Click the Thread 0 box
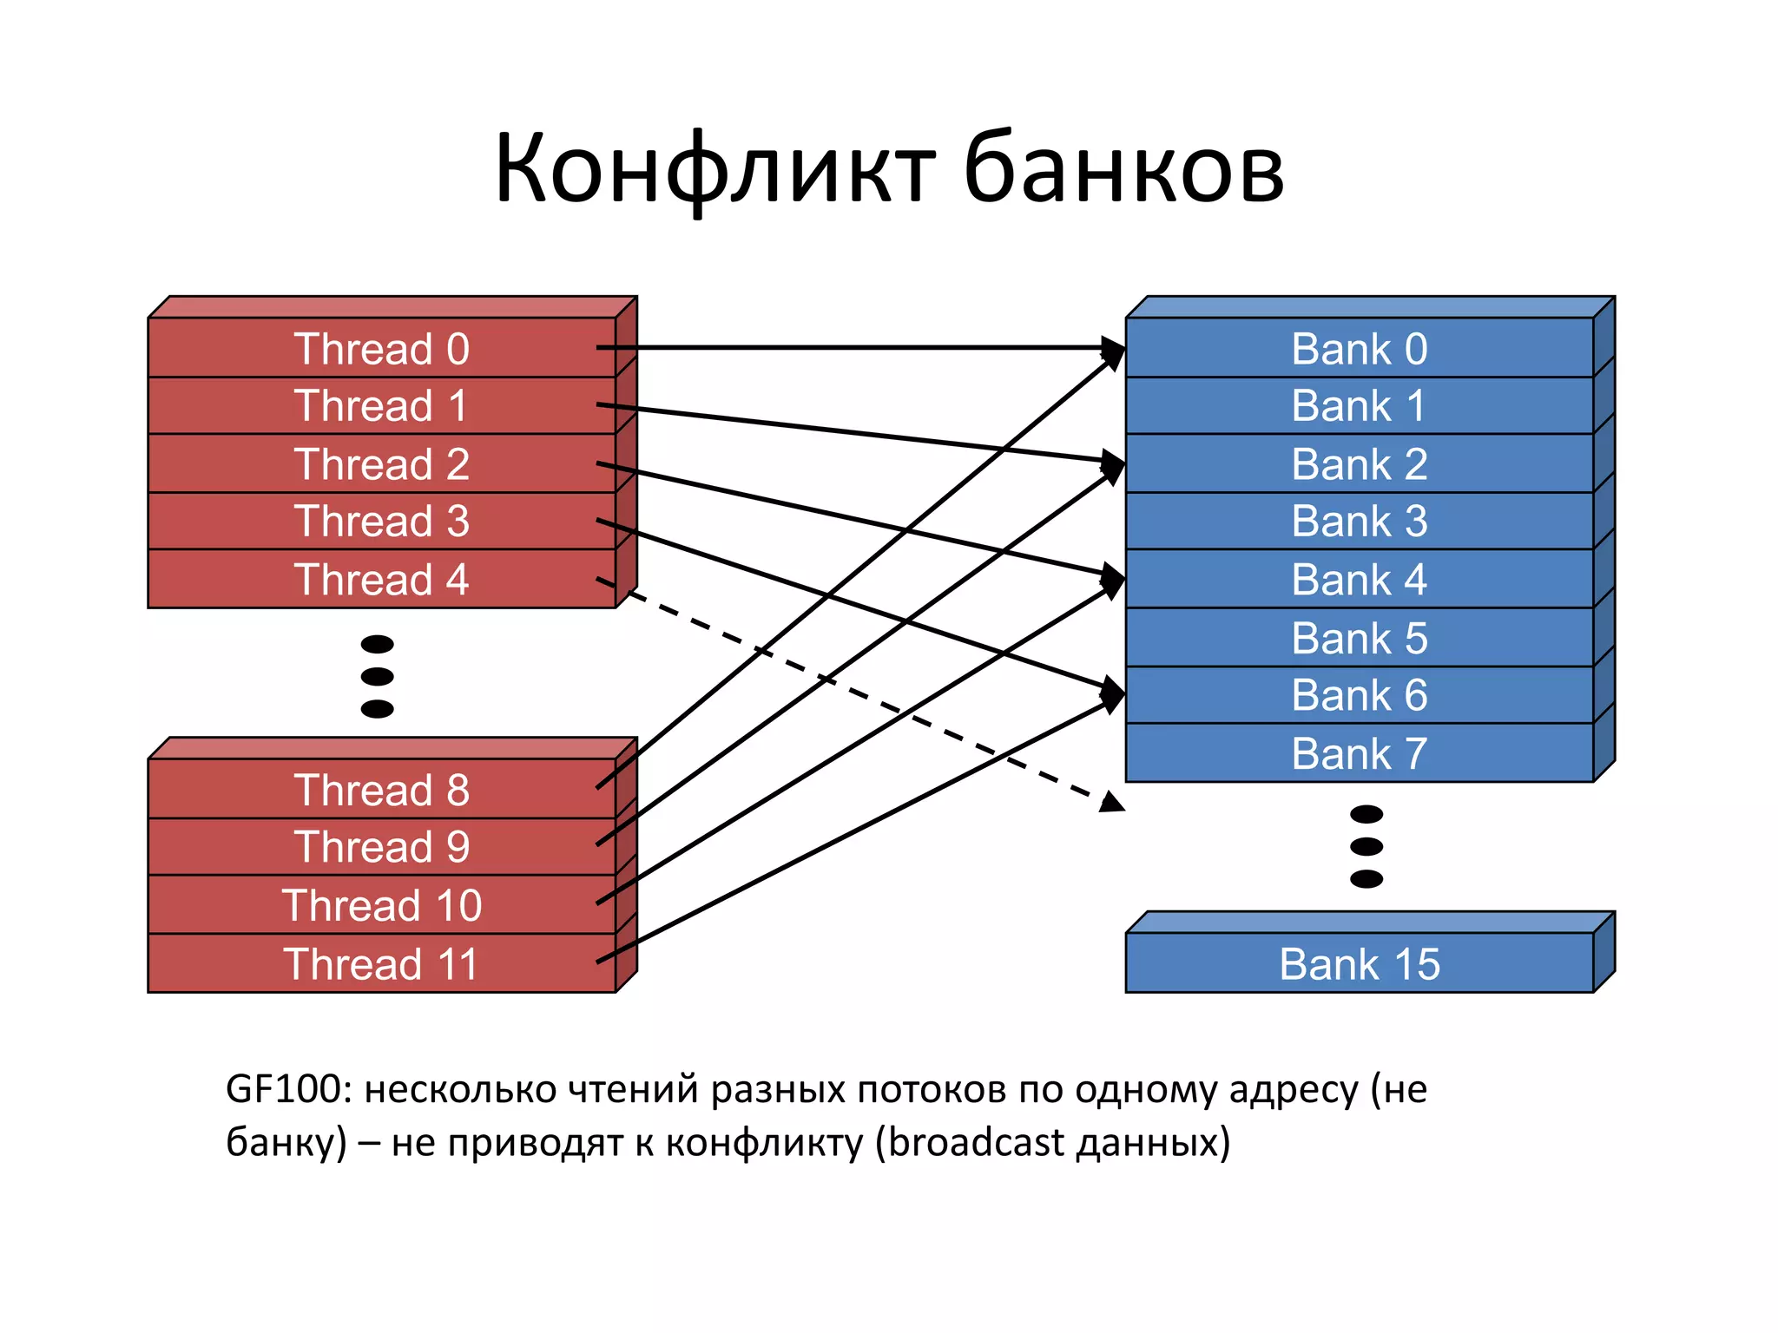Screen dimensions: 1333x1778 coord(382,348)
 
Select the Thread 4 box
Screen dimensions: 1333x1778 coord(382,579)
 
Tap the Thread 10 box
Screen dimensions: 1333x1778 coord(382,905)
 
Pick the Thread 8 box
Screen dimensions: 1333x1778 coord(382,790)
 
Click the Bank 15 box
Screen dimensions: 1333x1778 coord(1360,963)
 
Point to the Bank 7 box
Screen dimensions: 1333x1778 coord(1360,752)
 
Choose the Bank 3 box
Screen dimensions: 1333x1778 coord(1360,521)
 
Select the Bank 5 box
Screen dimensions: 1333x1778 coord(1360,638)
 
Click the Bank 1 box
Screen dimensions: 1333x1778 coord(1360,405)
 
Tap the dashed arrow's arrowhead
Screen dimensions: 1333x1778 coord(1111,803)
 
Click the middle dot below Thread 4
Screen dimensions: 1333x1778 coord(377,676)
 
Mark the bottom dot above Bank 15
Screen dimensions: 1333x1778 coord(1366,879)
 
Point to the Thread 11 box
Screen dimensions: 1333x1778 coord(382,963)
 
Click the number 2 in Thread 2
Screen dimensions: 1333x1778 coord(458,464)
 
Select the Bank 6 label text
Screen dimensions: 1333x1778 coord(1360,695)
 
